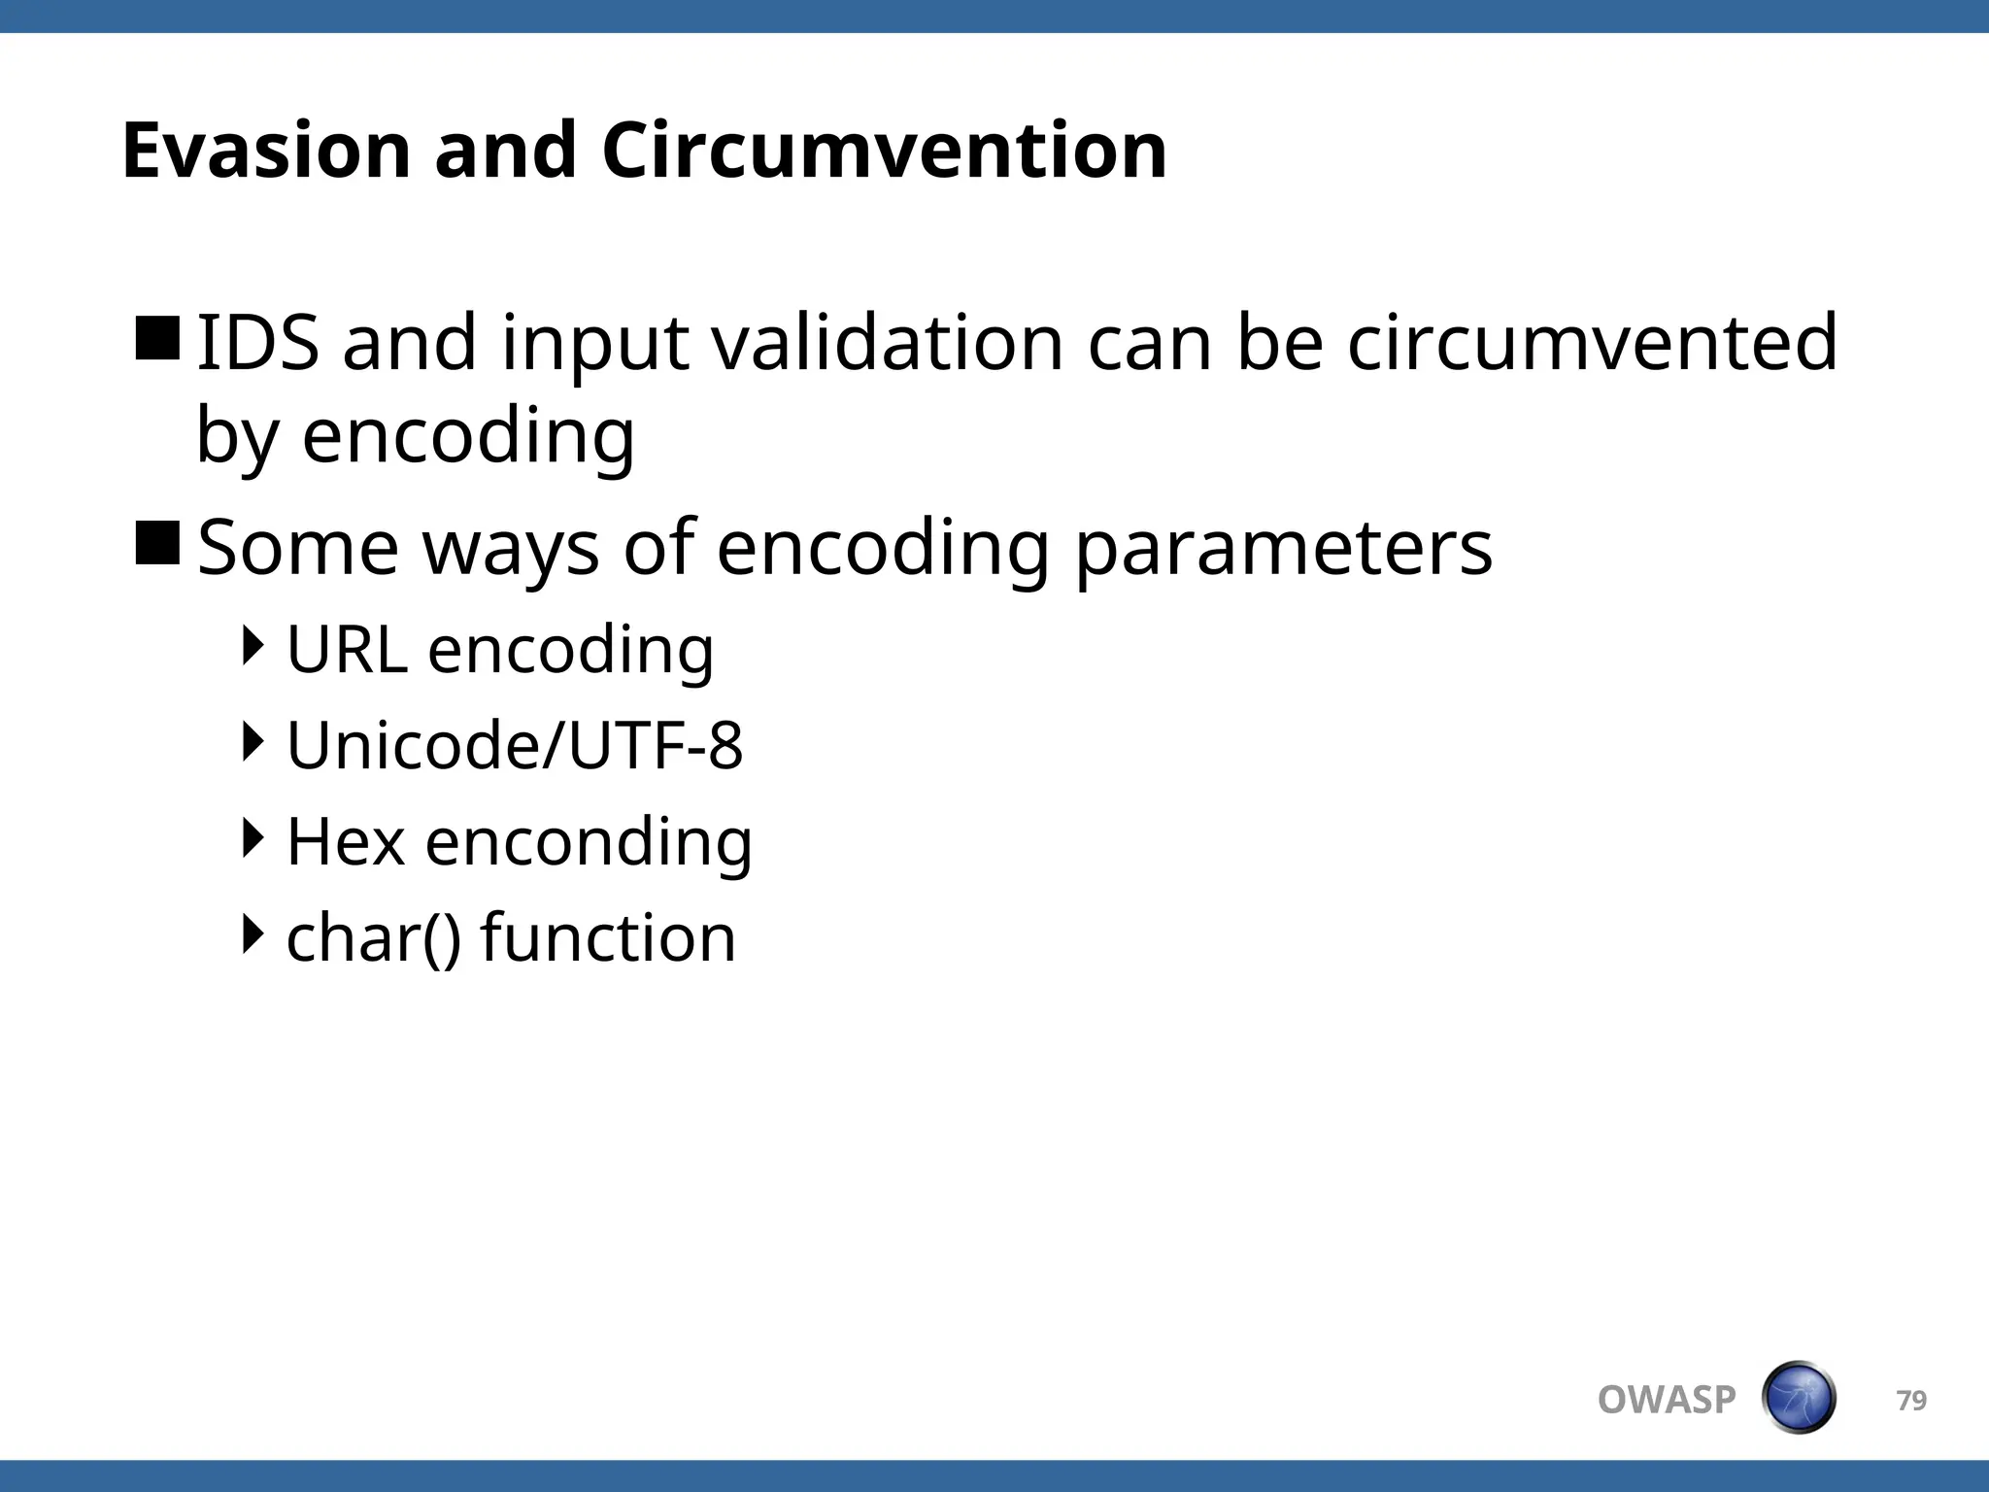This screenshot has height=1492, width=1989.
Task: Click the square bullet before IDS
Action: (x=157, y=338)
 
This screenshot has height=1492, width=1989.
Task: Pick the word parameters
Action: (x=1283, y=549)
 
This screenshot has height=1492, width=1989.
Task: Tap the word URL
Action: (x=347, y=649)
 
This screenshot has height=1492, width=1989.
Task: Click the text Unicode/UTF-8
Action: (x=515, y=745)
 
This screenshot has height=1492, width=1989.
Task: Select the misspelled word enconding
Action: (x=589, y=841)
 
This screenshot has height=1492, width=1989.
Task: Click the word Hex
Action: (x=346, y=841)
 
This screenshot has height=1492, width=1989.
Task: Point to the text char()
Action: (x=374, y=938)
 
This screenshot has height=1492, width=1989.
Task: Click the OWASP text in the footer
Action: (x=1666, y=1400)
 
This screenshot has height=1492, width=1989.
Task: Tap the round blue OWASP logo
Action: (x=1798, y=1398)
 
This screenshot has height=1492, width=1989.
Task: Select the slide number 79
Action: (x=1911, y=1400)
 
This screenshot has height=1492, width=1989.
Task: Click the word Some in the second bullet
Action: (x=297, y=549)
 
